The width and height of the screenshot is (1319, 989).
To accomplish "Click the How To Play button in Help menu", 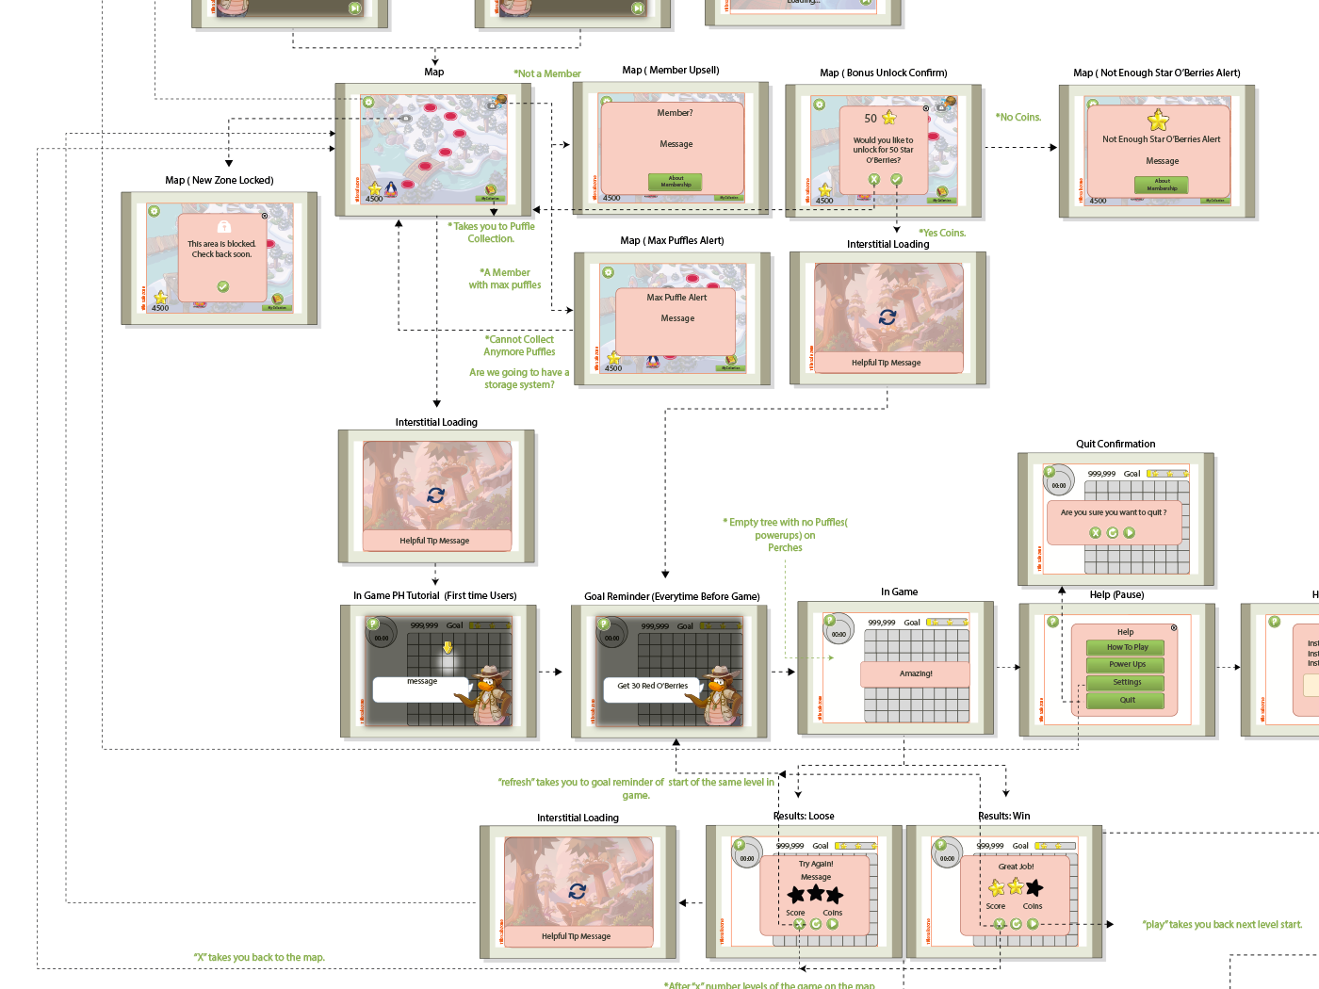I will click(x=1126, y=647).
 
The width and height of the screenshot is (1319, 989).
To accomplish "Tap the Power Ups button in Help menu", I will click(x=1126, y=664).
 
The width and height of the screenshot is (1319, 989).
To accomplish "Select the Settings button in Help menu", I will click(x=1126, y=682).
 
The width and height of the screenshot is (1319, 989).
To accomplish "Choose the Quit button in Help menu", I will click(x=1126, y=700).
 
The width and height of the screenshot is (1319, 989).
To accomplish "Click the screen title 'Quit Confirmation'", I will click(x=1115, y=444).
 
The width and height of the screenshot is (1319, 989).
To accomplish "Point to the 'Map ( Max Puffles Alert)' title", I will click(x=672, y=240).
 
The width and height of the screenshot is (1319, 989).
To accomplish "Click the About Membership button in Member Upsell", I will click(x=676, y=182).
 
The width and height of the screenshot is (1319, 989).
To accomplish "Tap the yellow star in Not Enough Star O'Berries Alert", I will click(x=1158, y=121).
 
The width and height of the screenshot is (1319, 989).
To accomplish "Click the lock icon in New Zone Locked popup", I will click(x=223, y=226).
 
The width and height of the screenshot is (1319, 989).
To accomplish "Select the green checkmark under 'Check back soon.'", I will click(x=222, y=286).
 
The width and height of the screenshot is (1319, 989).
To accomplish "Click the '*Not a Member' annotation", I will click(x=546, y=73).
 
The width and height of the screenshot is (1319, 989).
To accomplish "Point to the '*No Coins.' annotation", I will click(x=1018, y=117).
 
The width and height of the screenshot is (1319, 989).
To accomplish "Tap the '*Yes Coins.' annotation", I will click(x=942, y=233).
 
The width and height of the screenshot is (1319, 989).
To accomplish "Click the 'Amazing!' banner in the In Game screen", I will click(x=915, y=673).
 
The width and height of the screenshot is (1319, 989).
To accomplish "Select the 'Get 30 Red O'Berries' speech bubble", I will click(x=652, y=686).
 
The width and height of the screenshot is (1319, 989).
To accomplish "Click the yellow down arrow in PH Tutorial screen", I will click(x=448, y=647).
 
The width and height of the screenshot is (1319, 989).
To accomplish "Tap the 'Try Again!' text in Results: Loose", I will click(x=816, y=864).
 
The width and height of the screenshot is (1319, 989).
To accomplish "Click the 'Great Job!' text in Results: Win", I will click(x=1016, y=867).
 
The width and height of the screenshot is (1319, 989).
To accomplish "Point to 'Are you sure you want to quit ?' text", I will click(x=1113, y=512).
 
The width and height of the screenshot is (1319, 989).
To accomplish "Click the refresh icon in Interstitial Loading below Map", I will click(x=435, y=494).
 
